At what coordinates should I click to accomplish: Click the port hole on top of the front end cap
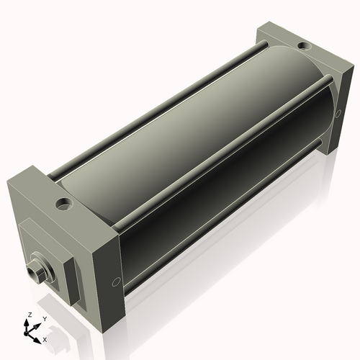63,204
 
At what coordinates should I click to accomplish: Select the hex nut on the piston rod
37,270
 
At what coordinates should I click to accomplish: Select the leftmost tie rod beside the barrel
144,108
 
